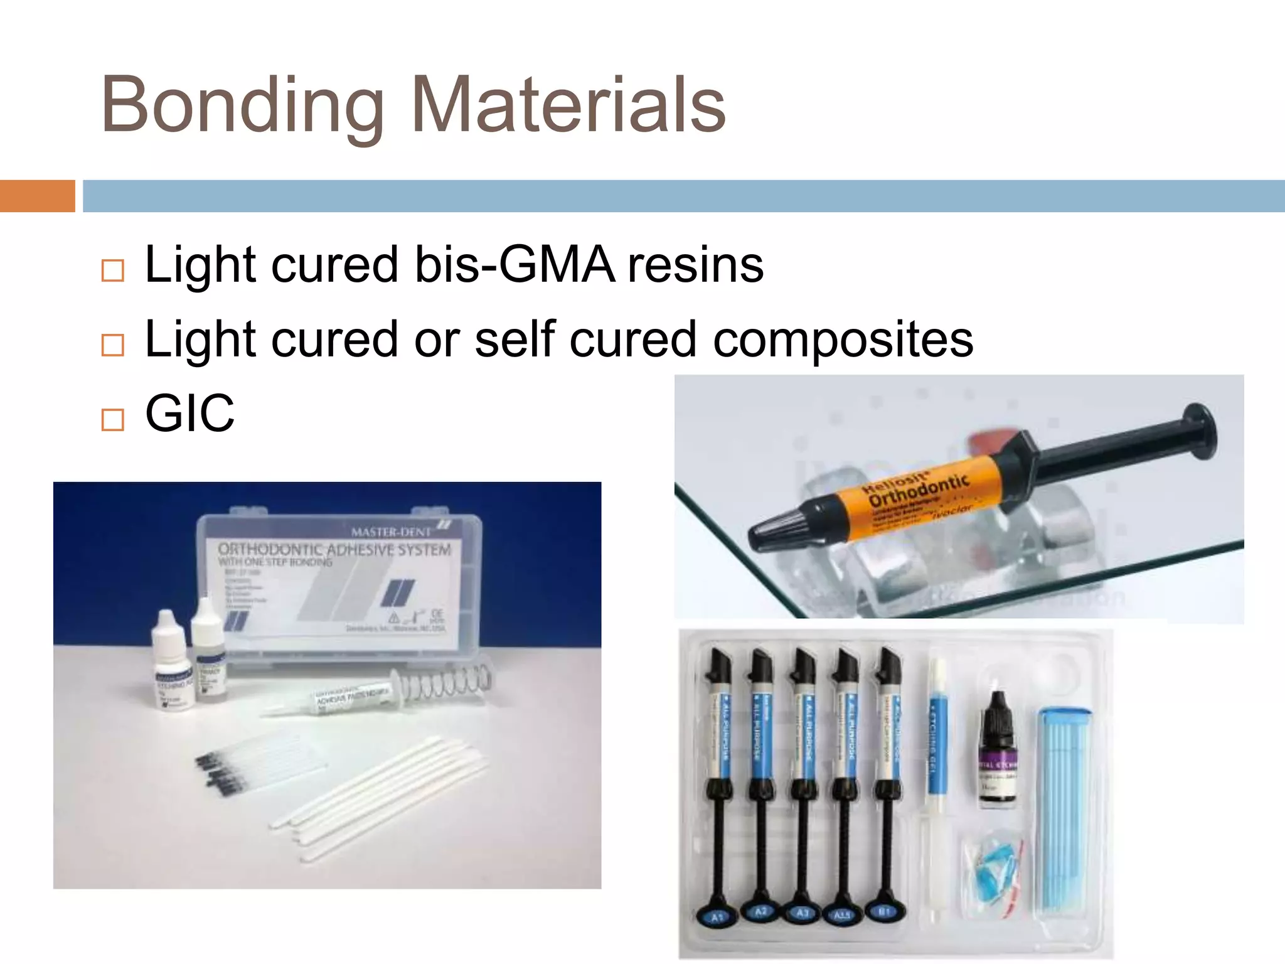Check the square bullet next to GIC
click(113, 419)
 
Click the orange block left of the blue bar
click(37, 196)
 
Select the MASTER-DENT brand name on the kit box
click(391, 532)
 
